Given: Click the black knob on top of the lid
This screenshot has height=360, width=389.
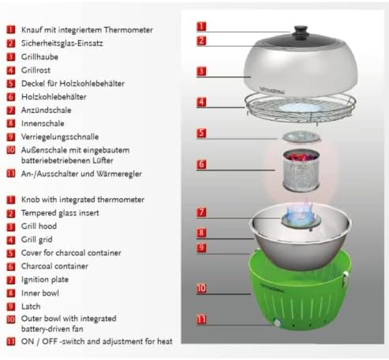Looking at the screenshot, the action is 300,32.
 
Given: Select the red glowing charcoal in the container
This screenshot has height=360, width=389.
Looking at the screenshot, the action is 301,156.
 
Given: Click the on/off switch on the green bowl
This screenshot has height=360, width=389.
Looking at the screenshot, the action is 277,323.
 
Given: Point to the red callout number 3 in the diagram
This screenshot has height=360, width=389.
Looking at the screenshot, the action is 201,71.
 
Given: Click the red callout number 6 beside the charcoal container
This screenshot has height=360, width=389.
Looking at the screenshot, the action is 201,164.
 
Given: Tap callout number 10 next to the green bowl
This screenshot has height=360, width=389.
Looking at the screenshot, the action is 201,288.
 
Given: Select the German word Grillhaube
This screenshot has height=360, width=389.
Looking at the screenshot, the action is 40,57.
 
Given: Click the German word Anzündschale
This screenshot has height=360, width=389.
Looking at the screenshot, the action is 46,110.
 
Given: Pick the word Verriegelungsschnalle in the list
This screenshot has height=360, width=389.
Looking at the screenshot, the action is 60,137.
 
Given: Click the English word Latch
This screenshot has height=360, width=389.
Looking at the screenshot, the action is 31,306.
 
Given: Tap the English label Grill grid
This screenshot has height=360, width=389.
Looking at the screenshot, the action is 37,240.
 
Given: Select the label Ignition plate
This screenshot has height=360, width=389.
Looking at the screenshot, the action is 45,280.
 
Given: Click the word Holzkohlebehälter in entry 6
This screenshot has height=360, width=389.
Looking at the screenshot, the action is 54,96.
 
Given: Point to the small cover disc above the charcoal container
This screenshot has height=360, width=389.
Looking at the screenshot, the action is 301,137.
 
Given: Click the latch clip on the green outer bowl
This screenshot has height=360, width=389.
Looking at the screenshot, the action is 345,278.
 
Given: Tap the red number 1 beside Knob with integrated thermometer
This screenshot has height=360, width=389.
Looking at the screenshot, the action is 11,200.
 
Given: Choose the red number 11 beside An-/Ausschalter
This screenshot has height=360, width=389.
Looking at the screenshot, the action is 11,173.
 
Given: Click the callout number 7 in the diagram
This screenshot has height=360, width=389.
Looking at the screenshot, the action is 201,212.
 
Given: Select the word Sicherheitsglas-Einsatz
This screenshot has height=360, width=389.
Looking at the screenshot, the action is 62,43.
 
